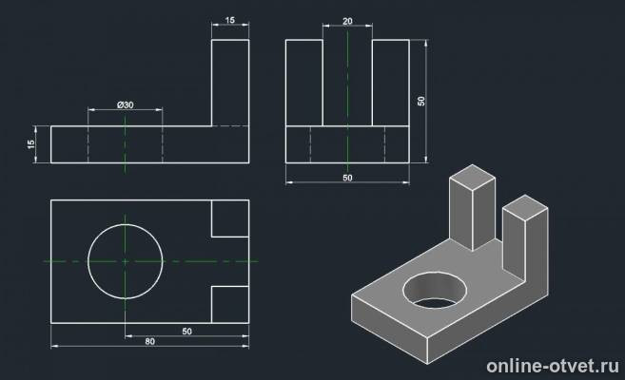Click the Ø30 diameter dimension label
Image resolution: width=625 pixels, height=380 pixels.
pos(126,105)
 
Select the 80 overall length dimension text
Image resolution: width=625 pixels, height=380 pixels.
pos(150,341)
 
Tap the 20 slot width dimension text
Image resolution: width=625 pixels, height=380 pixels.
pos(347,21)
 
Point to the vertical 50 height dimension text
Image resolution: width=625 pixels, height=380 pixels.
pos(421,101)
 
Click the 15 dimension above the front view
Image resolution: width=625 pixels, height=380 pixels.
pos(230,20)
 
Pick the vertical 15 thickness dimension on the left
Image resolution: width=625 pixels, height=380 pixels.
pos(31,144)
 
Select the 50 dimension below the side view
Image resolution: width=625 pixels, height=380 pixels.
pos(347,178)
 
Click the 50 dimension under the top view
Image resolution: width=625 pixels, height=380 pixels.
pos(187,331)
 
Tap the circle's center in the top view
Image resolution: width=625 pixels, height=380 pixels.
pos(126,261)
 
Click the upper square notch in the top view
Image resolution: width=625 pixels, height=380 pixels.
pos(230,218)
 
